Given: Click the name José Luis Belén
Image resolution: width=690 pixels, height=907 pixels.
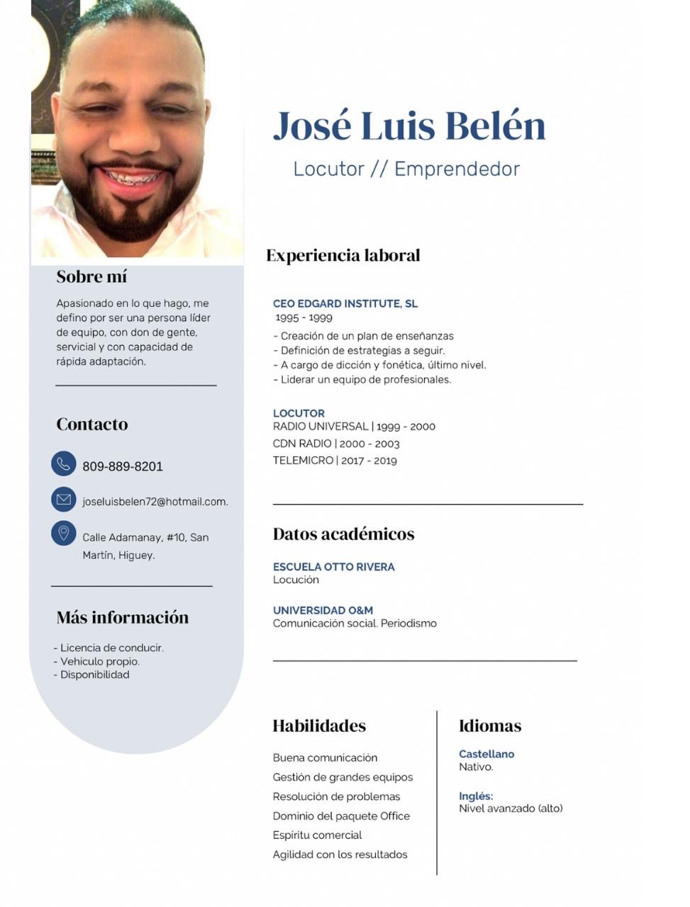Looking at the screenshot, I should [x=409, y=126].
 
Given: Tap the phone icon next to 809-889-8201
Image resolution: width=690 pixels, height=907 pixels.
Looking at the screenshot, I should [x=63, y=463].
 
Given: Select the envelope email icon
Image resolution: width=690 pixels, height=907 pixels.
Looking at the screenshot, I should [x=63, y=500].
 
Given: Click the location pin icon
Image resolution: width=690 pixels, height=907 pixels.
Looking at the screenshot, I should [x=63, y=533].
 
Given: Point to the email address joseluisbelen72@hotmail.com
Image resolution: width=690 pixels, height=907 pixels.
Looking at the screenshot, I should [x=155, y=502].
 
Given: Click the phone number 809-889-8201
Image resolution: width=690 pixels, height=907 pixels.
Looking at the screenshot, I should [x=123, y=466].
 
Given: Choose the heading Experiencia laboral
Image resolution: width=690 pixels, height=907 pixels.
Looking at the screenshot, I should [x=343, y=255].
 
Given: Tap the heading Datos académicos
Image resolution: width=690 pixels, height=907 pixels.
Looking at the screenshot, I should [x=343, y=534].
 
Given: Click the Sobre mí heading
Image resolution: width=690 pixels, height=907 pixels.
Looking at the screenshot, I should [x=91, y=276].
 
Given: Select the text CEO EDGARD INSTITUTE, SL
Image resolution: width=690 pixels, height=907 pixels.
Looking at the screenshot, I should [x=345, y=303].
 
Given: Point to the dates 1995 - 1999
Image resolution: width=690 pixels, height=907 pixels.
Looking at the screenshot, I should [x=304, y=317].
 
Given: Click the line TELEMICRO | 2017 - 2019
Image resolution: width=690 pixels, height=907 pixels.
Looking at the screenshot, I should [x=335, y=461].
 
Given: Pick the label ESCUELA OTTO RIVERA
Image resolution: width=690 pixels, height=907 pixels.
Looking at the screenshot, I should [x=333, y=567].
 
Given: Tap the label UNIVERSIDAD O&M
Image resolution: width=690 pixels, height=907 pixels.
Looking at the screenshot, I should [x=323, y=610].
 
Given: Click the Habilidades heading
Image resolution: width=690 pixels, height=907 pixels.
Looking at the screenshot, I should [x=319, y=726].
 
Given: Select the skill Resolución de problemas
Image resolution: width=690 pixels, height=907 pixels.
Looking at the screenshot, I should [x=336, y=796].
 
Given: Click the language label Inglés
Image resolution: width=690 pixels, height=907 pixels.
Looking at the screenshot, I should [x=475, y=796].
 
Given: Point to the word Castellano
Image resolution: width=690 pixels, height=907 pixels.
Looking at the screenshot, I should [x=486, y=754].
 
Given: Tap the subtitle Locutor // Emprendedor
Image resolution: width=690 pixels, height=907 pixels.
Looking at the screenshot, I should [x=406, y=169].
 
